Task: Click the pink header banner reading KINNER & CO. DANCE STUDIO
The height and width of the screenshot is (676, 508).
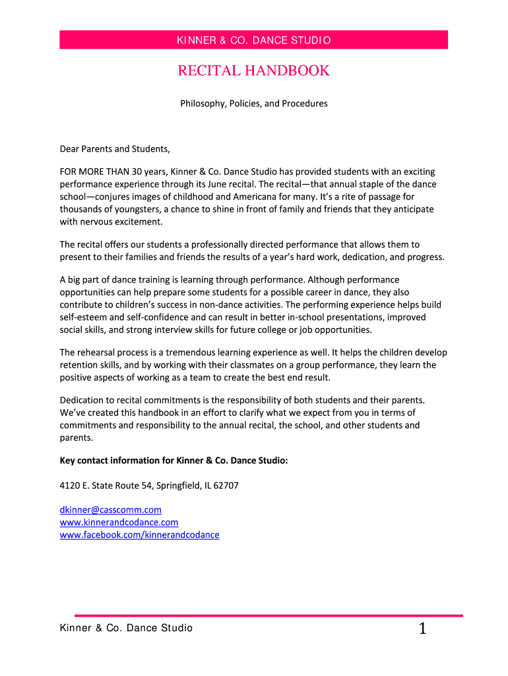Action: tap(254, 40)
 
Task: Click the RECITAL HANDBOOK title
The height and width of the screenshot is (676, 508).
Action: tap(254, 71)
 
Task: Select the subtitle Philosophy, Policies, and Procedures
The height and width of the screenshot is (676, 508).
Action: tap(254, 104)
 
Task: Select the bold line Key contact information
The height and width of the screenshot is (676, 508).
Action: tap(174, 461)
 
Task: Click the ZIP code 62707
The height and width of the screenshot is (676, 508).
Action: tap(225, 486)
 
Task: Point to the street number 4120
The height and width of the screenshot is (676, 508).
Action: tap(69, 486)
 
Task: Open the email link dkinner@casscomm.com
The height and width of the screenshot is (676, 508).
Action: tap(110, 510)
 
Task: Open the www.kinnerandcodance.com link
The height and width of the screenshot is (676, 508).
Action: tap(119, 522)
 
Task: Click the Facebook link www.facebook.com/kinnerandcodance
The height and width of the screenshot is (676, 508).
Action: tap(139, 535)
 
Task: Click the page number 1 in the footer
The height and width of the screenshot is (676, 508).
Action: tap(423, 629)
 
